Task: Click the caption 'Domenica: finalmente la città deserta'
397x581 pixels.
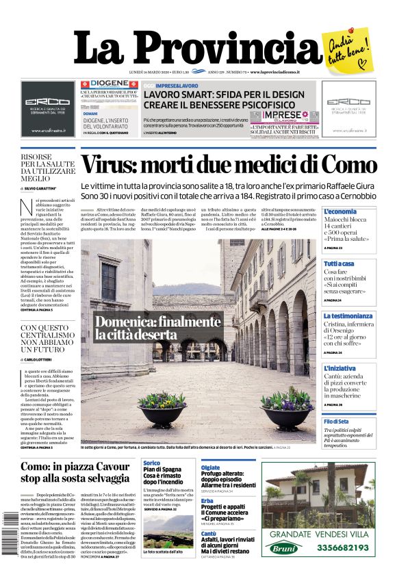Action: [157, 328]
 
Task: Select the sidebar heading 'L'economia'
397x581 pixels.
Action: [340, 212]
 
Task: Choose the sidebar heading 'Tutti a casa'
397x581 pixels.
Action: [339, 263]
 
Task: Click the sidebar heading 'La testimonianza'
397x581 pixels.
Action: [348, 315]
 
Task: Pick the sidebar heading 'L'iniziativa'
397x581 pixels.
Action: [340, 368]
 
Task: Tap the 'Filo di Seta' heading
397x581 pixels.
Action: [336, 422]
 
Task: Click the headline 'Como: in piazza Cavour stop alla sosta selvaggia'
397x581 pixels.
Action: [75, 472]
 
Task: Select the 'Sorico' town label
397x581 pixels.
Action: [152, 463]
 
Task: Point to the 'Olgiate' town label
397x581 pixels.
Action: [210, 468]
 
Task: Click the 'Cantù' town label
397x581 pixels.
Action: [209, 532]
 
